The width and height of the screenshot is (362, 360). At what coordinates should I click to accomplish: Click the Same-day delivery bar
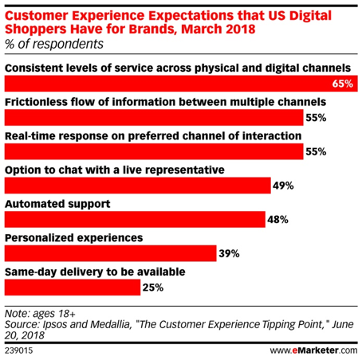72,287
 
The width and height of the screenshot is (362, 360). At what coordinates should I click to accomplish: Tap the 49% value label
283,186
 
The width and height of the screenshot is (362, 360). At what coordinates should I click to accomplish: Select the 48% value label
277,219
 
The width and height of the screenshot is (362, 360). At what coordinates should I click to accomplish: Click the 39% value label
229,253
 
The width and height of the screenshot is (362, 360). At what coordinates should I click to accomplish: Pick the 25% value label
153,287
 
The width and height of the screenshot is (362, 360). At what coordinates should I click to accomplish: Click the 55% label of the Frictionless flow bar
317,118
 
